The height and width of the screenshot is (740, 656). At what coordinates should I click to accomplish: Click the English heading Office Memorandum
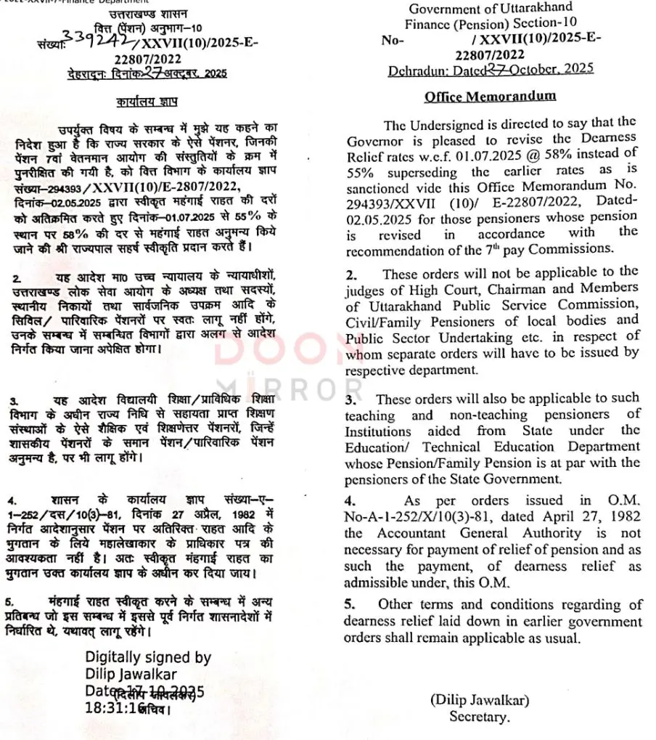click(x=491, y=97)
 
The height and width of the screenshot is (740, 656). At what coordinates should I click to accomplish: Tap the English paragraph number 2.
click(x=350, y=274)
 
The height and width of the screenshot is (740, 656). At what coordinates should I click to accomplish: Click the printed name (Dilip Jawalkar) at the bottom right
click(x=480, y=701)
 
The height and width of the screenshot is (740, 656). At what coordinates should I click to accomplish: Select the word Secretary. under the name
click(x=480, y=717)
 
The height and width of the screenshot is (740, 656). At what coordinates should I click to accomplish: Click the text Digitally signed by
click(x=148, y=658)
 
